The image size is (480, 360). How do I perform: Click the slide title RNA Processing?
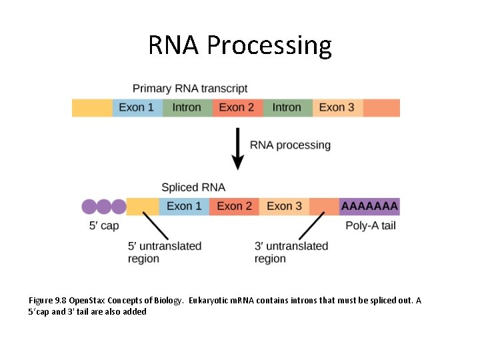239,45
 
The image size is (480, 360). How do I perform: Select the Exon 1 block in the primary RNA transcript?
136,107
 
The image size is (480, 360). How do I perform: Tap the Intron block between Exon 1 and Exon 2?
187,107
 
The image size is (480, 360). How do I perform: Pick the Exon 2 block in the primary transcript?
237,107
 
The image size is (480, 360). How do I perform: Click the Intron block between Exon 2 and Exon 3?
287,107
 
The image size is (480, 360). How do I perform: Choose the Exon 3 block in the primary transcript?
337,107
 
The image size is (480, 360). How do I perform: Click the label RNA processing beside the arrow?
290,145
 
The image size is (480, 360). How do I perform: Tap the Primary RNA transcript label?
190,88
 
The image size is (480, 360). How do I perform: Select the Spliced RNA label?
193,187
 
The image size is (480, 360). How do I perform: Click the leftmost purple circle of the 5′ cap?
89,207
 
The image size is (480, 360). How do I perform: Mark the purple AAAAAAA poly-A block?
369,206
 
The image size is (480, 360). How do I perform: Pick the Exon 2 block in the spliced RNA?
234,206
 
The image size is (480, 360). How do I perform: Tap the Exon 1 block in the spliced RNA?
184,206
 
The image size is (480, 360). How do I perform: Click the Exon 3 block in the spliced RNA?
284,206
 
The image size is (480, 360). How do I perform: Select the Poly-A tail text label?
370,225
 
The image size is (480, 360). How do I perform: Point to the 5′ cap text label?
104,225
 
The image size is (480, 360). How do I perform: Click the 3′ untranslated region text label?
291,252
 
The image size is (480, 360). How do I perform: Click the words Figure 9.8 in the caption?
45,301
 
